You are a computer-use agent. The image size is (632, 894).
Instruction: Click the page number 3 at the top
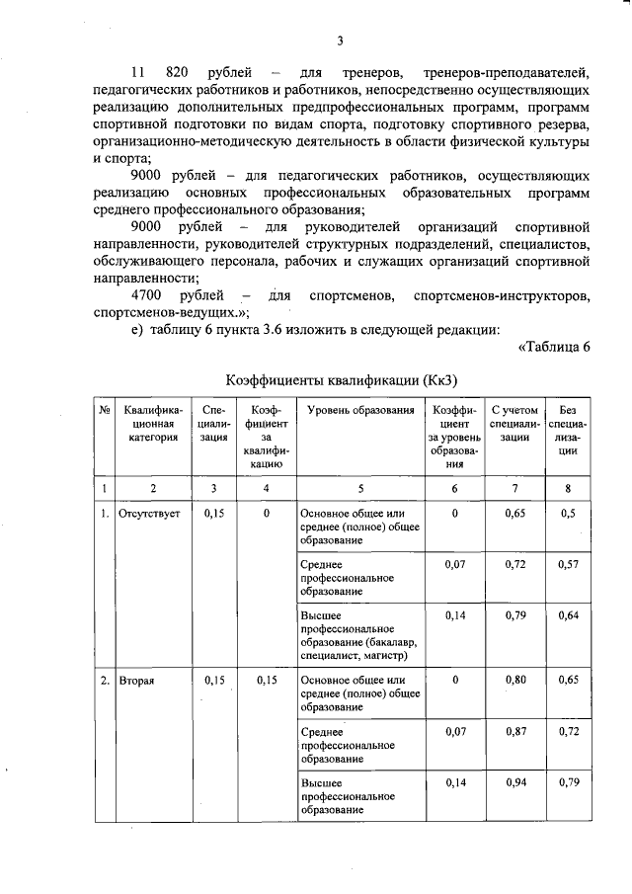click(339, 41)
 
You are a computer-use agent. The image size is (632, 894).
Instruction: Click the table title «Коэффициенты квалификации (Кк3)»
click(342, 379)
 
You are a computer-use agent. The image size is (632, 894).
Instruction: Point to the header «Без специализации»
click(567, 430)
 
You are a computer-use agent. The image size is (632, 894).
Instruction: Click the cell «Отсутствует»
click(148, 514)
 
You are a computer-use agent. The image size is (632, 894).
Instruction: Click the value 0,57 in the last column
click(567, 564)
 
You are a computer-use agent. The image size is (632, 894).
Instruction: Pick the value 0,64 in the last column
click(567, 615)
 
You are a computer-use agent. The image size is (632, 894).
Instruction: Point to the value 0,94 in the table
click(513, 781)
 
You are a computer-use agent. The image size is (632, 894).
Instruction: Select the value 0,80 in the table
click(513, 680)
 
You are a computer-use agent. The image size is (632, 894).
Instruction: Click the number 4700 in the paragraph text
click(149, 295)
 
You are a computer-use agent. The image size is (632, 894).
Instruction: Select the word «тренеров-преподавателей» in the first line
click(505, 73)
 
